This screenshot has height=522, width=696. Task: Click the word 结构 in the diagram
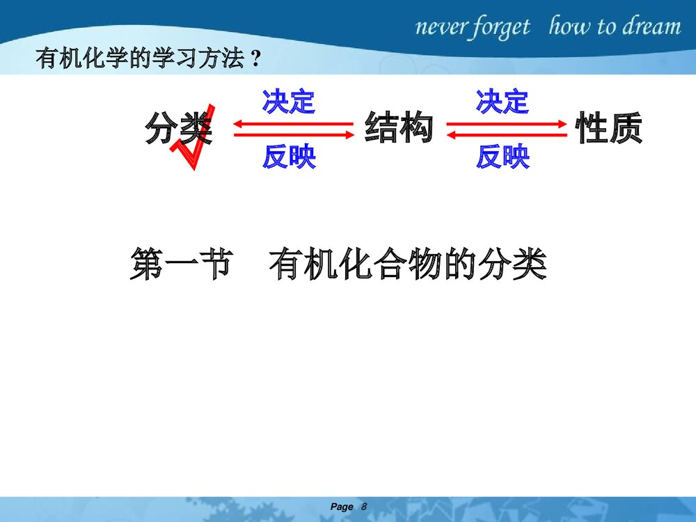[x=399, y=127]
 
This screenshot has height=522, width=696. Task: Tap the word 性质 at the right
[x=608, y=127]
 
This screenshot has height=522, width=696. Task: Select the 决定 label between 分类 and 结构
[x=289, y=102]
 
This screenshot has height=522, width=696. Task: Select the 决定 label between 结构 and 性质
[x=502, y=102]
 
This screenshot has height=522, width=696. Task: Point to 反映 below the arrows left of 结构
[x=289, y=157]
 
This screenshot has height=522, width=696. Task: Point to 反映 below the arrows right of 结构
[x=503, y=157]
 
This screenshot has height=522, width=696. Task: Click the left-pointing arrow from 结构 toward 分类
[x=294, y=123]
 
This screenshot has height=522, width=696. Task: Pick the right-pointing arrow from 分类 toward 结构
[x=294, y=134]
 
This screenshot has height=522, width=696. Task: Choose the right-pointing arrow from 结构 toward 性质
[x=507, y=124]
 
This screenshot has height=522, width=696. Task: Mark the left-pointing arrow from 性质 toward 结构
[x=507, y=134]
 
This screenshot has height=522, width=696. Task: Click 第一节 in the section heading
[x=181, y=264]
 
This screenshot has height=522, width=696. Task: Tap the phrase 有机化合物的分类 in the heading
[x=407, y=264]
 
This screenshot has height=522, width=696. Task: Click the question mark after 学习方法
[x=255, y=58]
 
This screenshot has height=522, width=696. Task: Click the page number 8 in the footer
[x=364, y=507]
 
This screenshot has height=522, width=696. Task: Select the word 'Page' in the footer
[x=342, y=507]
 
